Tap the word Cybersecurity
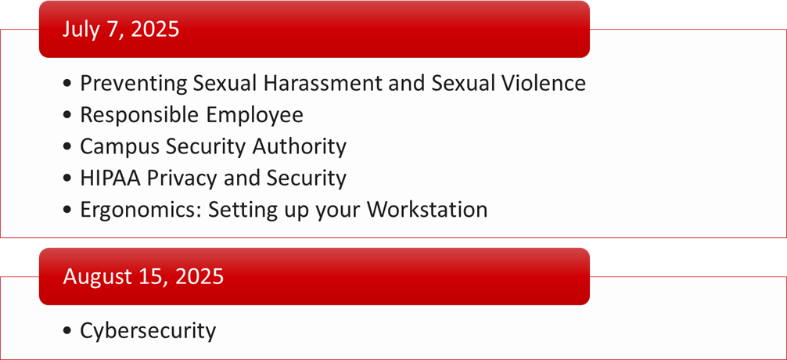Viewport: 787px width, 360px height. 148,331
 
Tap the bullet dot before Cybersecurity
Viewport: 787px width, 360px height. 68,332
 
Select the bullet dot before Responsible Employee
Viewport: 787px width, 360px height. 68,116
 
